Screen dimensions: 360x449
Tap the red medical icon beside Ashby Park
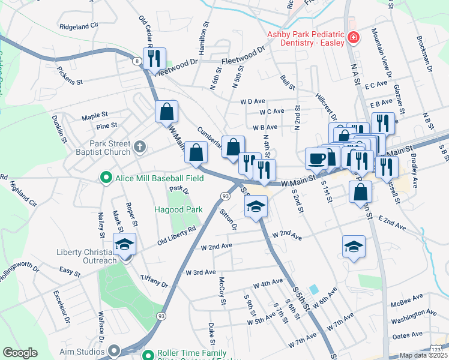pyautogui.click(x=354, y=38)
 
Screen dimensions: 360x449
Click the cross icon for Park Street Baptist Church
pyautogui.click(x=139, y=146)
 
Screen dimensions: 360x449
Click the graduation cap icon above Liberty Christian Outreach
pyautogui.click(x=125, y=244)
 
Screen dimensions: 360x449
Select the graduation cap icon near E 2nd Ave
pyautogui.click(x=354, y=245)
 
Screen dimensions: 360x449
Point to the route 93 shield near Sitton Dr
pyautogui.click(x=225, y=196)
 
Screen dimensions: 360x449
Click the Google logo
pyautogui.click(x=20, y=353)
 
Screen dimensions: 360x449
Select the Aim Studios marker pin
pyautogui.click(x=115, y=350)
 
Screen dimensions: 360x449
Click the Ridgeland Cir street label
pyautogui.click(x=79, y=26)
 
